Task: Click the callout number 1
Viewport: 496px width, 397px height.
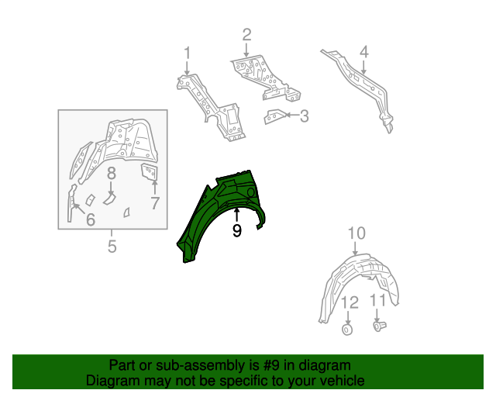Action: click(x=187, y=53)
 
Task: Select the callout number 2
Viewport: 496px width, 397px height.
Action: click(x=246, y=34)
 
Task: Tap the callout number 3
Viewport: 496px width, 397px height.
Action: click(x=304, y=117)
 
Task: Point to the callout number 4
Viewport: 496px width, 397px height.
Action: click(x=363, y=53)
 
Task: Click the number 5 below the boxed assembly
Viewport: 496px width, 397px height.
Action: click(x=112, y=247)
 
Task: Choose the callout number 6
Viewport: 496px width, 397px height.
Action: click(x=90, y=220)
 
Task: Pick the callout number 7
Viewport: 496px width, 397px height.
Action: click(x=154, y=204)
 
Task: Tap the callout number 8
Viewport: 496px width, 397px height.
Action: click(x=111, y=173)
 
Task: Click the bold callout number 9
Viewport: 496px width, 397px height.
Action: click(x=237, y=230)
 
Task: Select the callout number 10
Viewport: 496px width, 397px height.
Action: click(x=356, y=233)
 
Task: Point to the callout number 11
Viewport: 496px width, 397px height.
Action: click(x=377, y=300)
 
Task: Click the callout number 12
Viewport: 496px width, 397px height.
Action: click(x=349, y=301)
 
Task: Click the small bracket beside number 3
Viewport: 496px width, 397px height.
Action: click(x=273, y=117)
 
